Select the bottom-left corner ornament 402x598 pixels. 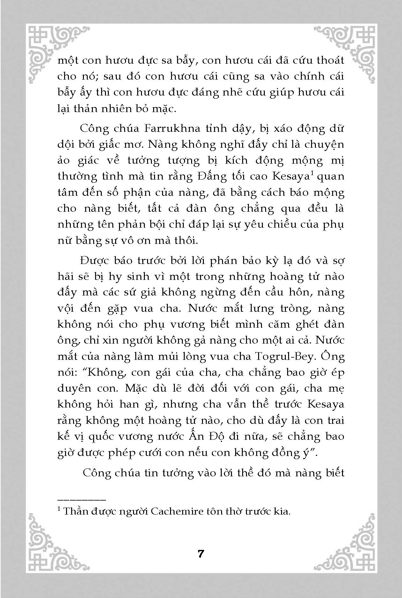click(54, 545)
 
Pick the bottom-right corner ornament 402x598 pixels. click(348, 545)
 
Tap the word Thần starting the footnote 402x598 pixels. click(76, 511)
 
